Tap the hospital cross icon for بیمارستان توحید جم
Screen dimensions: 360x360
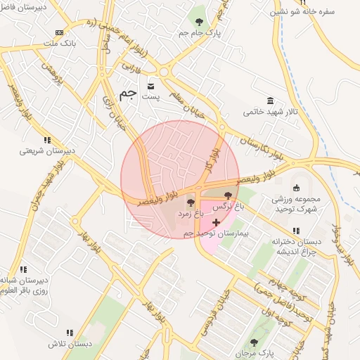[216, 222]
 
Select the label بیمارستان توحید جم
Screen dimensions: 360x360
[217, 233]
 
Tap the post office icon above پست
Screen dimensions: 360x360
[150, 85]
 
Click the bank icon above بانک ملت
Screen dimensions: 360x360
[58, 32]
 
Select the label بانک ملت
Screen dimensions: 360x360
[58, 44]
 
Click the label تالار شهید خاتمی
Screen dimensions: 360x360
[271, 111]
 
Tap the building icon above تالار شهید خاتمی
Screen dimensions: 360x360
[271, 101]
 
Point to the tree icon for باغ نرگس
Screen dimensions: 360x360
[227, 195]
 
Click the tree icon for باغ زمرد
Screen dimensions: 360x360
[191, 202]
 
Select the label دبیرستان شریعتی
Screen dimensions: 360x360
[46, 150]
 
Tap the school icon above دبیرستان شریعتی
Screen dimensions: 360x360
[46, 139]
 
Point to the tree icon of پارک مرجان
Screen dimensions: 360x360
[254, 342]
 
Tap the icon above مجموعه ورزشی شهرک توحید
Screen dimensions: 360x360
[296, 187]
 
